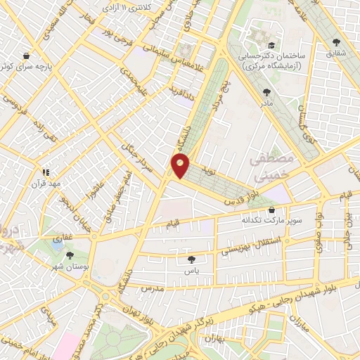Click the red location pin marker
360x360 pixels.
tap(180, 165)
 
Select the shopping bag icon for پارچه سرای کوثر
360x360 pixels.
tap(26, 55)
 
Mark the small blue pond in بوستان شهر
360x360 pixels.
tap(55, 246)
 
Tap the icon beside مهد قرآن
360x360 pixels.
tap(46, 171)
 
